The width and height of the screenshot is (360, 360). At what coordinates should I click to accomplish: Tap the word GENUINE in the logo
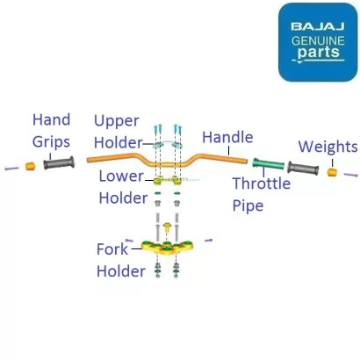coord(317,41)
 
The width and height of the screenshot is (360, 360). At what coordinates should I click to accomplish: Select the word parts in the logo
coord(317,56)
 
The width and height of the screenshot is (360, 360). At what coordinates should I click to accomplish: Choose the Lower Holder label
coord(122,187)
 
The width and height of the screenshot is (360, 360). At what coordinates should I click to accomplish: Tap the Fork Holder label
coord(119,260)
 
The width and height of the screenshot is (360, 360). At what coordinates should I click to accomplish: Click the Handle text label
coord(227,137)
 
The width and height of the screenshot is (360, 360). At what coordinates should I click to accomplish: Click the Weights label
coord(328,147)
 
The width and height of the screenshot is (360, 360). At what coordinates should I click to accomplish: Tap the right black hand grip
coord(303,168)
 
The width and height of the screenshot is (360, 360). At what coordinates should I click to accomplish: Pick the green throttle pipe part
coord(267,164)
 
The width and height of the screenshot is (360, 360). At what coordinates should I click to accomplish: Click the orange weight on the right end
coord(333,171)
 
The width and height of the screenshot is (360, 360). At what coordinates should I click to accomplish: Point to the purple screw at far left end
coord(9,167)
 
